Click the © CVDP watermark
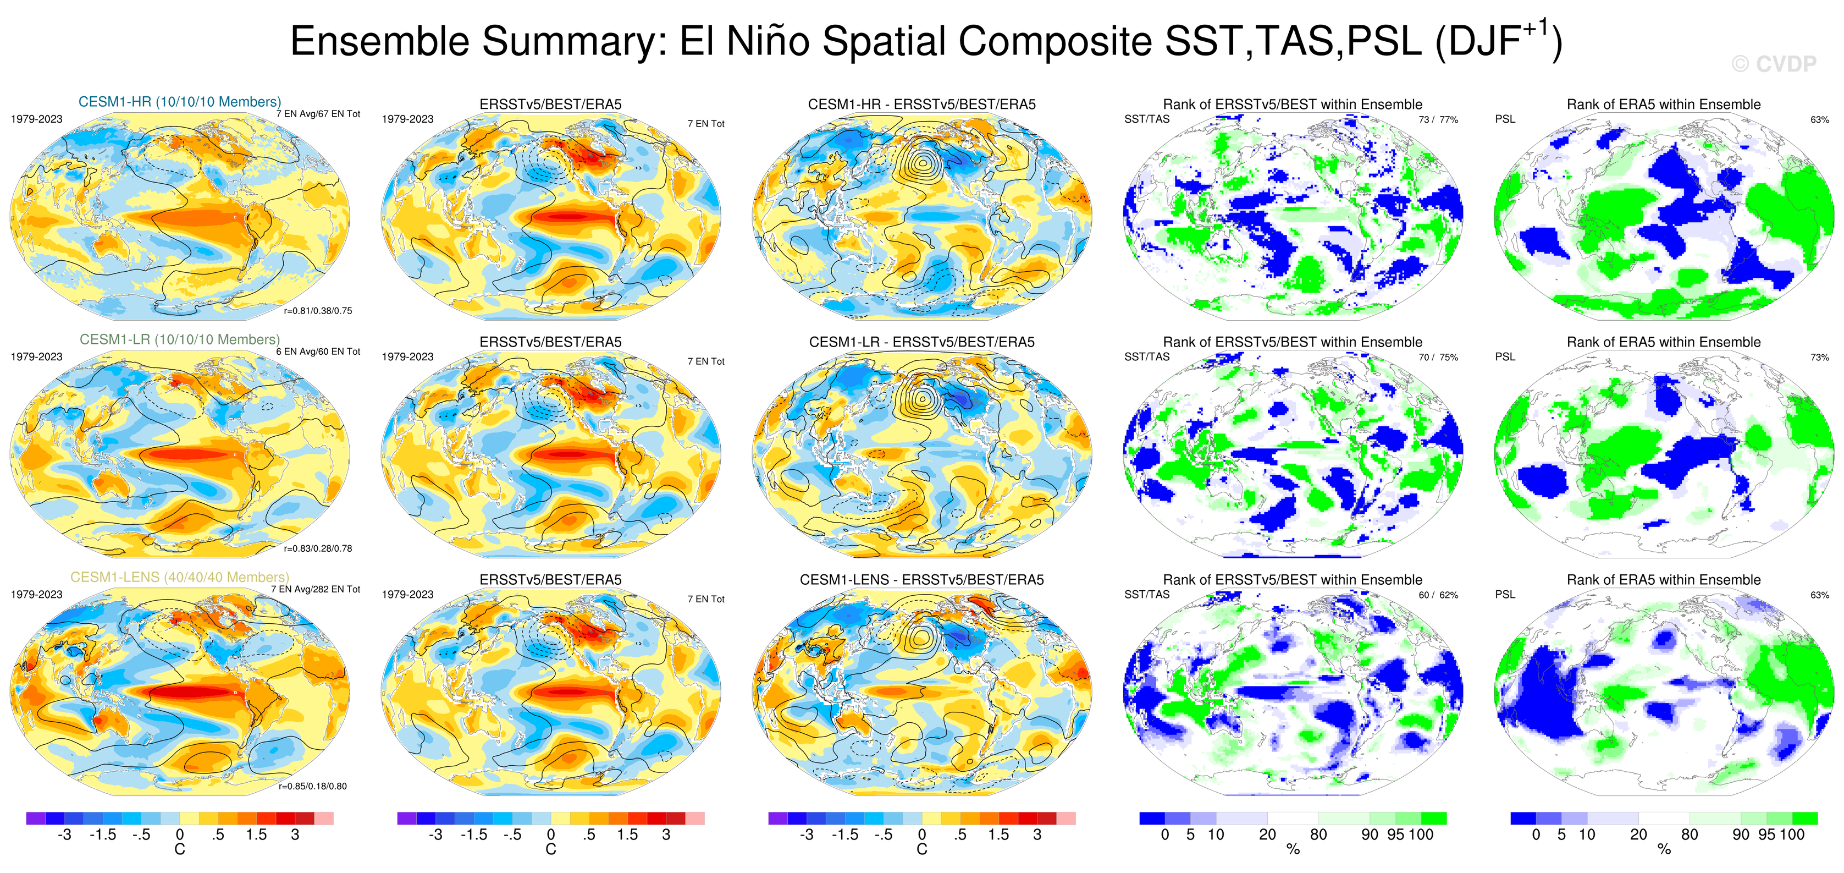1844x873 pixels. pyautogui.click(x=1773, y=64)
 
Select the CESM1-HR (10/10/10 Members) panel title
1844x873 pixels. pyautogui.click(x=180, y=102)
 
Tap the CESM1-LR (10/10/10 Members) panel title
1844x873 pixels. pyautogui.click(x=180, y=339)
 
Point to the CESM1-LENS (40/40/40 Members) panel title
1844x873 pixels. pyautogui.click(x=180, y=577)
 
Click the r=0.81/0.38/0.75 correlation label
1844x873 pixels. pyautogui.click(x=318, y=311)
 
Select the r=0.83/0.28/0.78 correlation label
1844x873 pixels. pyautogui.click(x=318, y=548)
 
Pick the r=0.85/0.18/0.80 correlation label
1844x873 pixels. pyautogui.click(x=313, y=786)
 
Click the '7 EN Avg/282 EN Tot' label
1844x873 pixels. pyautogui.click(x=315, y=589)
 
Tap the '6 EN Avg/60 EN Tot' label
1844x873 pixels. pyautogui.click(x=318, y=352)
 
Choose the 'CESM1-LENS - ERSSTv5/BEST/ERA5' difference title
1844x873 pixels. pyautogui.click(x=922, y=579)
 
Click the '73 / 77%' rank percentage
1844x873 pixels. pyautogui.click(x=1438, y=119)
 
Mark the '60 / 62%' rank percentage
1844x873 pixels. pyautogui.click(x=1438, y=595)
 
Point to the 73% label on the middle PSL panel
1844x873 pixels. pyautogui.click(x=1819, y=358)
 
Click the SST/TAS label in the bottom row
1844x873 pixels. pyautogui.click(x=1147, y=595)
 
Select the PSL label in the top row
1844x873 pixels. pyautogui.click(x=1505, y=119)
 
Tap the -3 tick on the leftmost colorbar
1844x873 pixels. pyautogui.click(x=64, y=834)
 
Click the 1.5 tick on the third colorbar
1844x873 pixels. pyautogui.click(x=998, y=834)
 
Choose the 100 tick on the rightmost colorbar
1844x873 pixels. pyautogui.click(x=1792, y=834)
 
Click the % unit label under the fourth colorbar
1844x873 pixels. pyautogui.click(x=1293, y=849)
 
